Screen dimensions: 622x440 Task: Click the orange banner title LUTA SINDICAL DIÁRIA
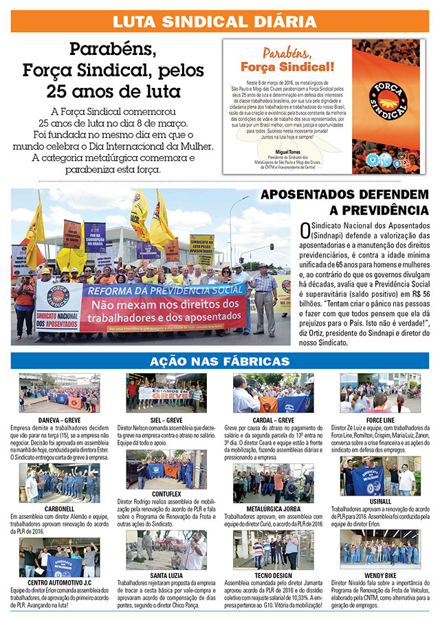(220, 21)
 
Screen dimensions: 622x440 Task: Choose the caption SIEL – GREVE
(165, 419)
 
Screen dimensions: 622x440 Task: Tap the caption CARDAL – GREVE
(273, 419)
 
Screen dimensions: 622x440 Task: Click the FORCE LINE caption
(380, 419)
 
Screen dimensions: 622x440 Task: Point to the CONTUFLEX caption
(165, 493)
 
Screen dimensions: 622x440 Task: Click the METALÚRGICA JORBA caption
(273, 509)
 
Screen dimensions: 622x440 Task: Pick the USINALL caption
(380, 501)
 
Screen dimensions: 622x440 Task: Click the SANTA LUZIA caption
(165, 575)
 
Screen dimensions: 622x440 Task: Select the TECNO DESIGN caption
(273, 575)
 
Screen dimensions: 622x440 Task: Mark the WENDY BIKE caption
(380, 575)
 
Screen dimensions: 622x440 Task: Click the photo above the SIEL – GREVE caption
(166, 394)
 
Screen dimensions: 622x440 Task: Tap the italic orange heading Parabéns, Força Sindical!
(287, 60)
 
